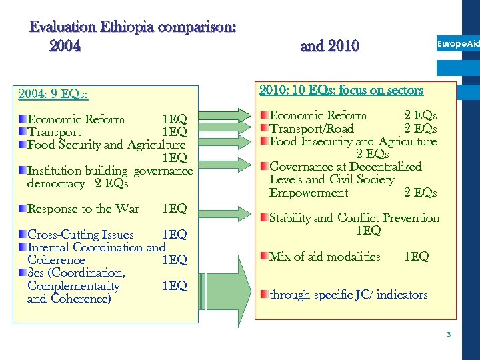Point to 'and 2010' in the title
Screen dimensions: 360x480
tap(329, 46)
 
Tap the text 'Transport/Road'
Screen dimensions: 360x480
tap(311, 129)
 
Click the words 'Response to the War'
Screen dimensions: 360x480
tap(83, 209)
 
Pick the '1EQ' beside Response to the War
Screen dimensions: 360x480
tap(175, 209)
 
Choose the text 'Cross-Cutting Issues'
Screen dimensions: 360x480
tap(80, 235)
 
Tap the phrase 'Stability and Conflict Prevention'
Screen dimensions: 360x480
tap(354, 218)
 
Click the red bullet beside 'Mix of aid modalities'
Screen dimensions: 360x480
tap(264, 257)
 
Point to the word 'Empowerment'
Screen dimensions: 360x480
tap(308, 193)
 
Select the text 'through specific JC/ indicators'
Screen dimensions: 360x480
tap(348, 295)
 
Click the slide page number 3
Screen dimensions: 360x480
tap(449, 334)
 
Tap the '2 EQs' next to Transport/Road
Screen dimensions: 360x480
tap(421, 129)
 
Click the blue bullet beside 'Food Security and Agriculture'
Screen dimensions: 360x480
tap(22, 145)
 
